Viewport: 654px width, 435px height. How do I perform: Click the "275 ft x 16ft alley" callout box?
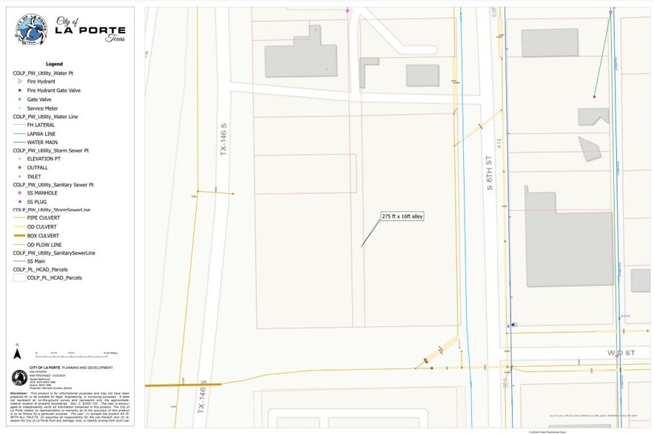402,217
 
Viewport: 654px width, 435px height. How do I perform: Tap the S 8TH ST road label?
489,173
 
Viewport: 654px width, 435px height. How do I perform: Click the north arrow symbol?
17,348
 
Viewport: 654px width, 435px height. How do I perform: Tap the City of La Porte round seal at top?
30,30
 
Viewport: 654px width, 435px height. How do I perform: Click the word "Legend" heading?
55,64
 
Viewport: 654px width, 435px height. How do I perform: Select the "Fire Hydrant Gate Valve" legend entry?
53,90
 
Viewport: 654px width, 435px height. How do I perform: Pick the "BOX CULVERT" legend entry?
43,235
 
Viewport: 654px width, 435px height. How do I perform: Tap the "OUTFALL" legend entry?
38,167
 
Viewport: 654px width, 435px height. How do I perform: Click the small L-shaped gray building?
368,71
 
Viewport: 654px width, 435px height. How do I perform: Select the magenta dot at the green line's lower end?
594,96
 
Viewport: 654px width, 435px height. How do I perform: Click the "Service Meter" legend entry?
42,108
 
